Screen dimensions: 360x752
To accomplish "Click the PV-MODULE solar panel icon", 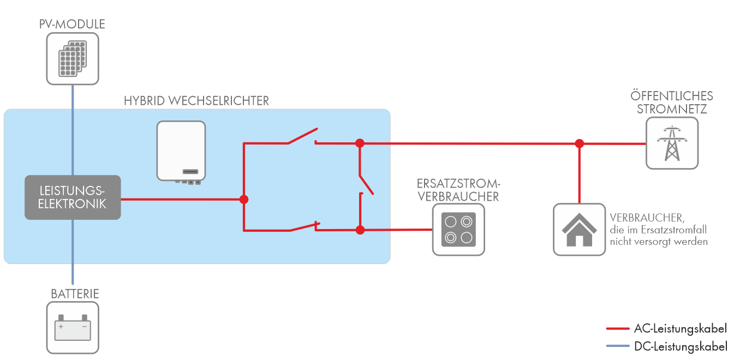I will coord(73,58).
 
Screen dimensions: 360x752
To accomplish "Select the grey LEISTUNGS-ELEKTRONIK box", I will coord(73,197).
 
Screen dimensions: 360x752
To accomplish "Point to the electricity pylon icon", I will coord(672,143).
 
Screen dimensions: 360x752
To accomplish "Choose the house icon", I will coord(579,230).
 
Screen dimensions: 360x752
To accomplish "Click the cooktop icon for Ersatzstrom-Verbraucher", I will coord(458,230).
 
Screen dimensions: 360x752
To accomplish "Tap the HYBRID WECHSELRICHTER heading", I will coord(196,101).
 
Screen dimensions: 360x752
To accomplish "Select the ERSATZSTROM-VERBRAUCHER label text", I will coord(458,189).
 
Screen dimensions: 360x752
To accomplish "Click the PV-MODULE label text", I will coord(73,25).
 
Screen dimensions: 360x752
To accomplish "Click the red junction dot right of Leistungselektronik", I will coord(244,200).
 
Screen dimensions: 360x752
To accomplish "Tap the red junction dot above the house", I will coord(580,143).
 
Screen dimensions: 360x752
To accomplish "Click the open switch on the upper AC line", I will coord(302,136).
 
